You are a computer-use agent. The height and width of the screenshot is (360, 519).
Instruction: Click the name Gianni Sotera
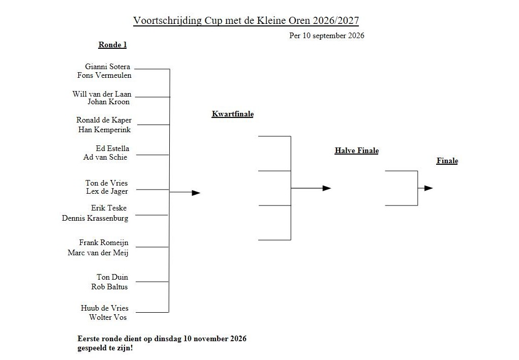click(x=108, y=67)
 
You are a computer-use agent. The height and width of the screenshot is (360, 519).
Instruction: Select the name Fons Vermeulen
click(x=104, y=75)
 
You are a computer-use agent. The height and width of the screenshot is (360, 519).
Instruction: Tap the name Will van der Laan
click(x=102, y=94)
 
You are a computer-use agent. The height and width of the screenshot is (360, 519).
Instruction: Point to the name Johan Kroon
click(x=109, y=102)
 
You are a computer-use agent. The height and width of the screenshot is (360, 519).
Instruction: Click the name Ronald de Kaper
click(x=104, y=120)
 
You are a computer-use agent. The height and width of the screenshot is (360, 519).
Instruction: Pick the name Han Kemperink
click(x=104, y=130)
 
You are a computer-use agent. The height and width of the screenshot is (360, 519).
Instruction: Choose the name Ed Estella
click(x=112, y=148)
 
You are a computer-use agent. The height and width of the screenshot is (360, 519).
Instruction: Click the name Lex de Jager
click(x=107, y=191)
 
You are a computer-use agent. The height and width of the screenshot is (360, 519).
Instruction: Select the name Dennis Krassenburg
click(x=95, y=218)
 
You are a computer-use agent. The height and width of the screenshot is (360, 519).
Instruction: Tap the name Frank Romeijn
click(x=104, y=243)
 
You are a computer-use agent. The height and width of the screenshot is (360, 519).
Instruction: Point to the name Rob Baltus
click(x=110, y=287)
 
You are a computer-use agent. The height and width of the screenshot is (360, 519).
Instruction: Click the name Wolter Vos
click(x=108, y=317)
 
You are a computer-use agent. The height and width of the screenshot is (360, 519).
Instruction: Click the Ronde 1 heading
click(x=112, y=45)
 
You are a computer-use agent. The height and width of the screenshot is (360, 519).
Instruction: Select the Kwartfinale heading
click(x=233, y=114)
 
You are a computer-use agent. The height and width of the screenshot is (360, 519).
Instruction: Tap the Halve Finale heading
click(x=357, y=151)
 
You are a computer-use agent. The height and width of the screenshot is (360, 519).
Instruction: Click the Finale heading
click(x=447, y=161)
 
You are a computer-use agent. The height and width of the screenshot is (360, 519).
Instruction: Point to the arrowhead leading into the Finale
click(x=429, y=188)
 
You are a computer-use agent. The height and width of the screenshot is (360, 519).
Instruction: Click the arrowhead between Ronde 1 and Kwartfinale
click(x=196, y=193)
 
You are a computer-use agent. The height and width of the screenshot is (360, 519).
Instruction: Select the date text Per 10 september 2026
click(x=327, y=36)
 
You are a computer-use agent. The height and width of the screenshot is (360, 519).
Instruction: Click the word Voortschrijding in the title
click(x=167, y=20)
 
